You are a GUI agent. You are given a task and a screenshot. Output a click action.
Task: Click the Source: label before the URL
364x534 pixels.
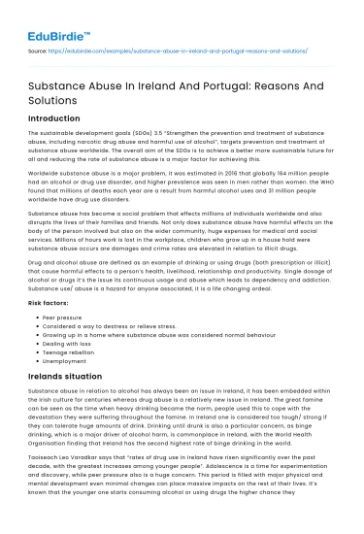click(x=37, y=46)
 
